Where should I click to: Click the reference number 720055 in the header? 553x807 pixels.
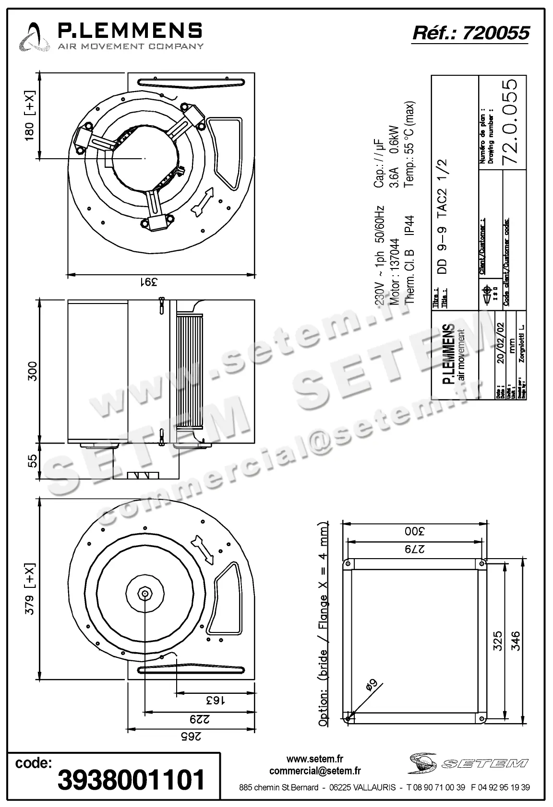[x=496, y=33]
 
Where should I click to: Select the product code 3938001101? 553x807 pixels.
[x=131, y=780]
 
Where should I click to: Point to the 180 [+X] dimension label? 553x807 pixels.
[x=29, y=115]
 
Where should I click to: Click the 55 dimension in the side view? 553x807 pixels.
[x=31, y=461]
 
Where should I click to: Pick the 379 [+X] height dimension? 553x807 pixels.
[x=30, y=589]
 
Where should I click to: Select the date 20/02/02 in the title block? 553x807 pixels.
[x=501, y=343]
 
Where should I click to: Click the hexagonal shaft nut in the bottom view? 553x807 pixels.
[x=144, y=593]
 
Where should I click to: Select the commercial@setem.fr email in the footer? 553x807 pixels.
[x=315, y=771]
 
